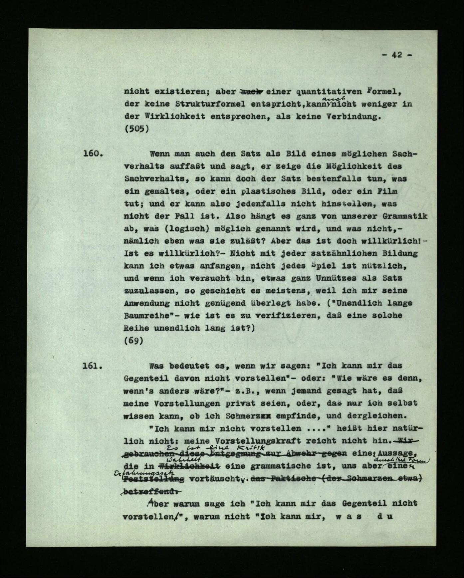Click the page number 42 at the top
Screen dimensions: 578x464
pos(397,55)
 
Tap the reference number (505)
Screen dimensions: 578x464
pos(136,129)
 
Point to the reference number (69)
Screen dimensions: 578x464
pos(133,341)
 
